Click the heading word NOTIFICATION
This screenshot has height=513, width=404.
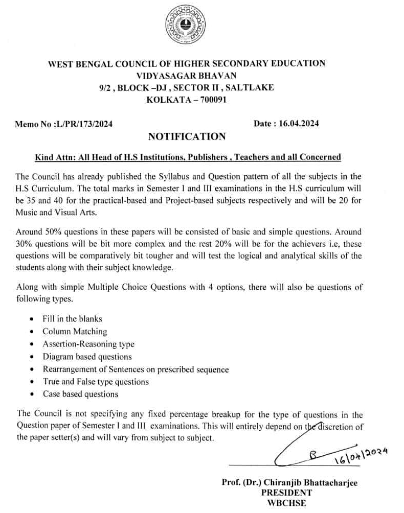click(186, 136)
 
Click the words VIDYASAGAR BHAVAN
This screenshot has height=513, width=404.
click(187, 76)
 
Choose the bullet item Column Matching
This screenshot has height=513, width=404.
click(75, 331)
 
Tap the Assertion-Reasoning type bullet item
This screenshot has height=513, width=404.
click(88, 344)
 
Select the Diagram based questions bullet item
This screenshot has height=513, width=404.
click(87, 357)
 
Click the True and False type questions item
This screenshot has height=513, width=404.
click(96, 382)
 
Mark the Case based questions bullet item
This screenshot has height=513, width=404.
click(80, 394)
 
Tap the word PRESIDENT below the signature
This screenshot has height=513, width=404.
click(286, 493)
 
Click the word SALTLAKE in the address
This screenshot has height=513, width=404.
click(250, 88)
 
